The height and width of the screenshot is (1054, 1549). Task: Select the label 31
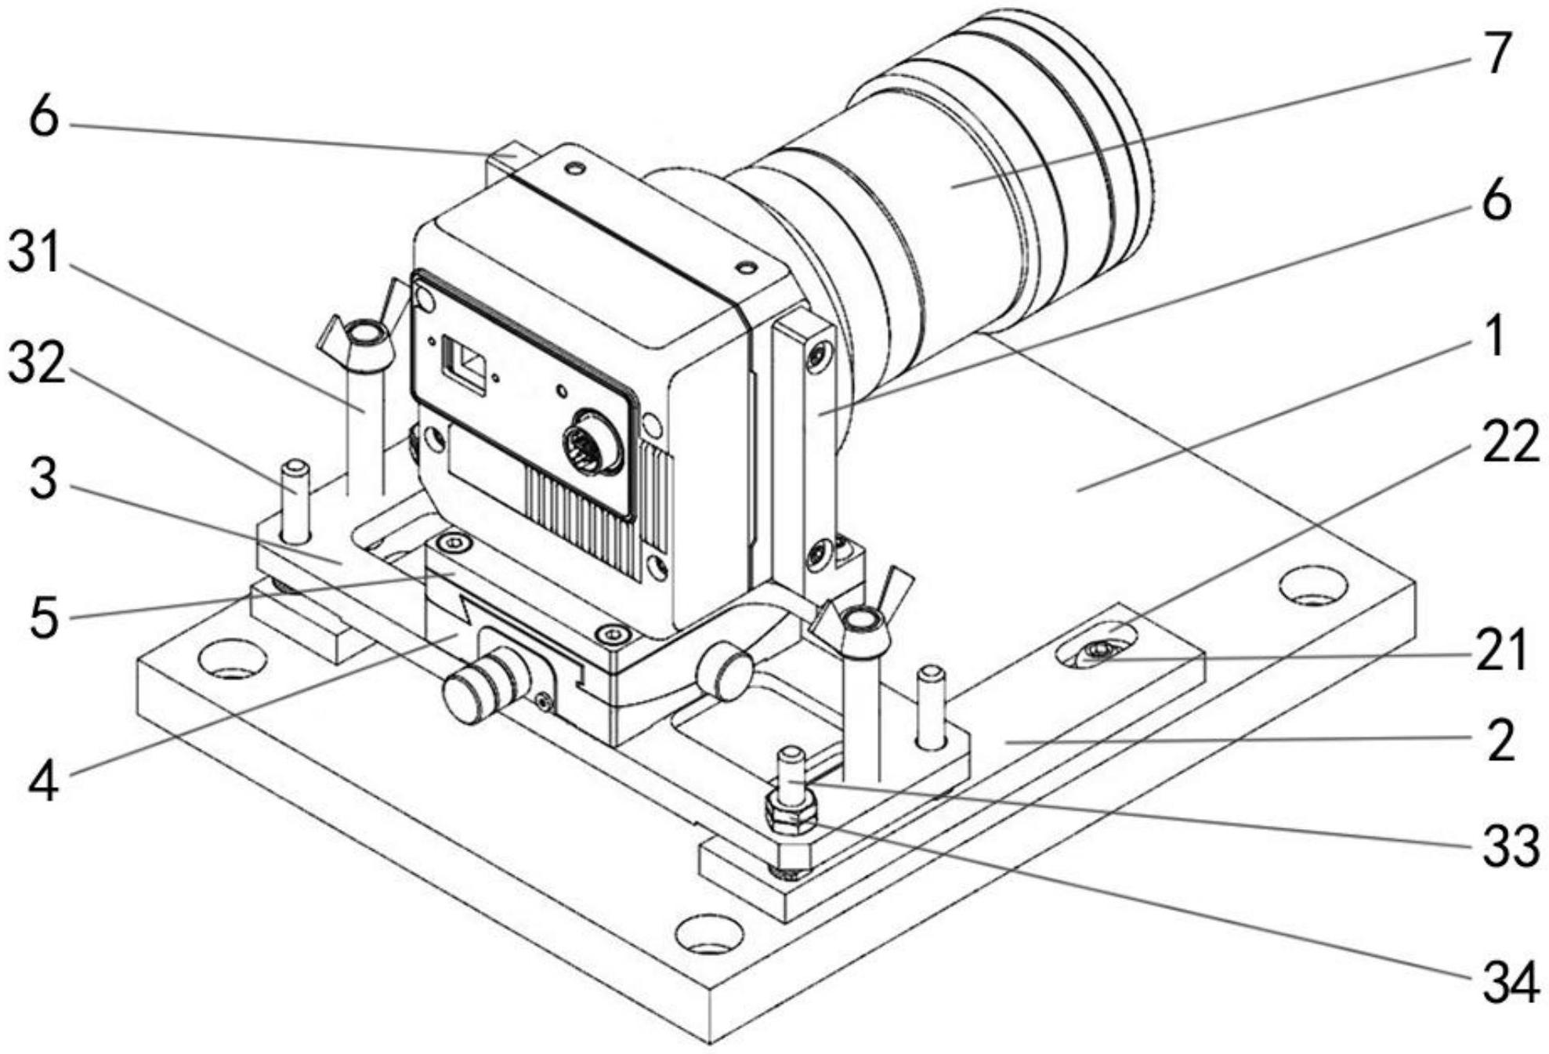34,255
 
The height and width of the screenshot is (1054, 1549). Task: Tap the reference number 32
36,364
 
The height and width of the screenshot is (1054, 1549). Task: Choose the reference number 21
1501,650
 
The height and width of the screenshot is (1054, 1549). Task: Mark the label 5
44,617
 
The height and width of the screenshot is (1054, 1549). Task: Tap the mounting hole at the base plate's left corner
233,658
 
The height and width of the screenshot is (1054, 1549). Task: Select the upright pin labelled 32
295,502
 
